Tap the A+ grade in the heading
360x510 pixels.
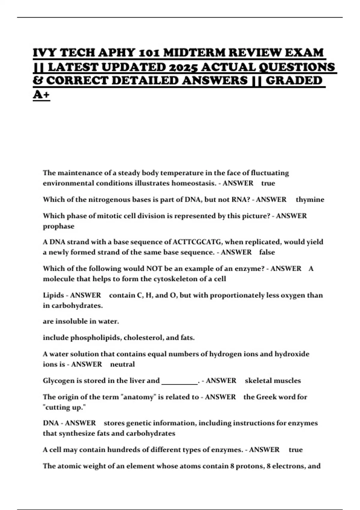point(41,94)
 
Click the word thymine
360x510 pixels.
point(310,199)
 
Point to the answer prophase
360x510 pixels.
point(58,226)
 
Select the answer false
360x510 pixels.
point(267,252)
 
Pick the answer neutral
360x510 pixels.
point(122,364)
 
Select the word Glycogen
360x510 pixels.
point(58,380)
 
